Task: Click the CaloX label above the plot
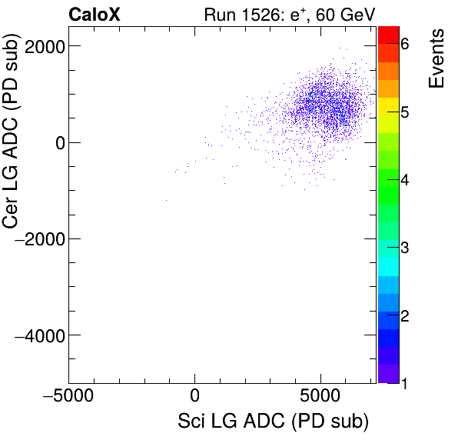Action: tap(95, 14)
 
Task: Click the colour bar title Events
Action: tap(436, 59)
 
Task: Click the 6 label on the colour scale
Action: tap(404, 45)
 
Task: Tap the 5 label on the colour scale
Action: tap(404, 113)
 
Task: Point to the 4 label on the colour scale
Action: tap(404, 181)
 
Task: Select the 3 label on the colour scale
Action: tap(404, 248)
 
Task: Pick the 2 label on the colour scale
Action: tap(404, 316)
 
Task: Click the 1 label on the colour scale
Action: tap(404, 383)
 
